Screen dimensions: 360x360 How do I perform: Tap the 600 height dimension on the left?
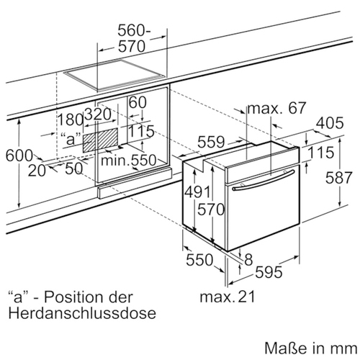pyautogui.click(x=19, y=156)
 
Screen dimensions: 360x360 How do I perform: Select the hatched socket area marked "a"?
pyautogui.click(x=100, y=140)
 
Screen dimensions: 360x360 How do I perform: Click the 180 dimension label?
pyautogui.click(x=71, y=120)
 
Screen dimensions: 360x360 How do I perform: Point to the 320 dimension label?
pyautogui.click(x=98, y=114)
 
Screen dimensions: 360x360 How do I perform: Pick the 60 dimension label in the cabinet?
pyautogui.click(x=138, y=102)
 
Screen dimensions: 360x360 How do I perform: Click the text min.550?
pyautogui.click(x=128, y=160)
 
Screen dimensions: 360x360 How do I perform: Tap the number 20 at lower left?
pyautogui.click(x=37, y=171)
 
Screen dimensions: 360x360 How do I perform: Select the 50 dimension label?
pyautogui.click(x=74, y=168)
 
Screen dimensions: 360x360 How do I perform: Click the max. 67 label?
pyautogui.click(x=276, y=108)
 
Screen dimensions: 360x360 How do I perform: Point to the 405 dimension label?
pyautogui.click(x=330, y=123)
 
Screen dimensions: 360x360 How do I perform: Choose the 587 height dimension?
pyautogui.click(x=338, y=178)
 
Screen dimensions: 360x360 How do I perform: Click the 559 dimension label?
pyautogui.click(x=211, y=142)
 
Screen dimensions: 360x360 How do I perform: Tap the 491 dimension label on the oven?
pyautogui.click(x=198, y=192)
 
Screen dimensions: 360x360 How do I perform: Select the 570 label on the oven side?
pyautogui.click(x=211, y=210)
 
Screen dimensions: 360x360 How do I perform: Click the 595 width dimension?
pyautogui.click(x=269, y=272)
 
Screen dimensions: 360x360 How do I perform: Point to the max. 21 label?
pyautogui.click(x=228, y=297)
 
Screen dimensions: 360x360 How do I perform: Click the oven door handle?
pyautogui.click(x=264, y=180)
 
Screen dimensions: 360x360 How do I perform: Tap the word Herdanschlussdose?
pyautogui.click(x=82, y=313)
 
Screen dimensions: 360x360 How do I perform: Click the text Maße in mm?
pyautogui.click(x=311, y=348)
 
